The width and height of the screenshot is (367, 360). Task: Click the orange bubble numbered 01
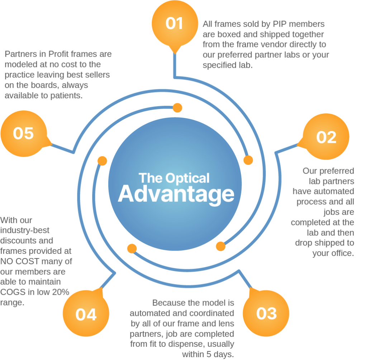tap(175, 23)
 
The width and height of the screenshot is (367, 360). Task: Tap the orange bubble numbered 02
tap(326, 137)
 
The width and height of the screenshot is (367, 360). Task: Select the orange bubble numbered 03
tap(266, 313)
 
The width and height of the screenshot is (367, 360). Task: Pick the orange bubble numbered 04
tap(86, 313)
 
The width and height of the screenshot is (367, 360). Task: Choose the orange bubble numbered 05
tap(24, 133)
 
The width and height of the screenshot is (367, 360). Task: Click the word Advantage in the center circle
tap(176, 194)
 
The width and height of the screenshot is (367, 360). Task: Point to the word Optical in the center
tap(188, 178)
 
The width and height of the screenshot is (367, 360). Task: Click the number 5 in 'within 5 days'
tap(209, 354)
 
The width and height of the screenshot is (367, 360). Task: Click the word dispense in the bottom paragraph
tap(187, 344)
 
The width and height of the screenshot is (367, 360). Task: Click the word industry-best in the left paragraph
tap(25, 231)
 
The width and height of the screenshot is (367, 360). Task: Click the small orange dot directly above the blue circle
tap(177, 108)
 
